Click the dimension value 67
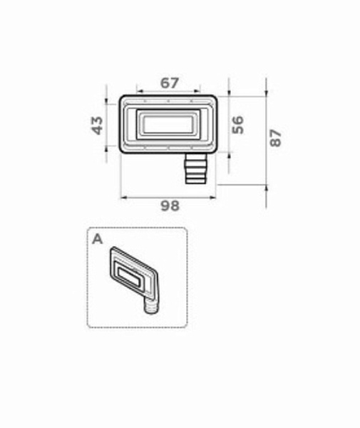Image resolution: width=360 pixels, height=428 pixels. [170, 83]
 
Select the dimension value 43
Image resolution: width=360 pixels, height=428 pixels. [97, 126]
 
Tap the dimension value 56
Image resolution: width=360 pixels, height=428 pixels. [237, 125]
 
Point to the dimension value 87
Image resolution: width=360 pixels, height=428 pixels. [275, 138]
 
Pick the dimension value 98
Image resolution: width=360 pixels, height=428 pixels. [170, 206]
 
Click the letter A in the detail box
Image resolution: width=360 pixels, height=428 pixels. [98, 240]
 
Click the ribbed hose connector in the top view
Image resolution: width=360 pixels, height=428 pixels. [195, 168]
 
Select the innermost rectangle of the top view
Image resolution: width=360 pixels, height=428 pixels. [168, 125]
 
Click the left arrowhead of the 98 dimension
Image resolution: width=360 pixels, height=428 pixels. [123, 198]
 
